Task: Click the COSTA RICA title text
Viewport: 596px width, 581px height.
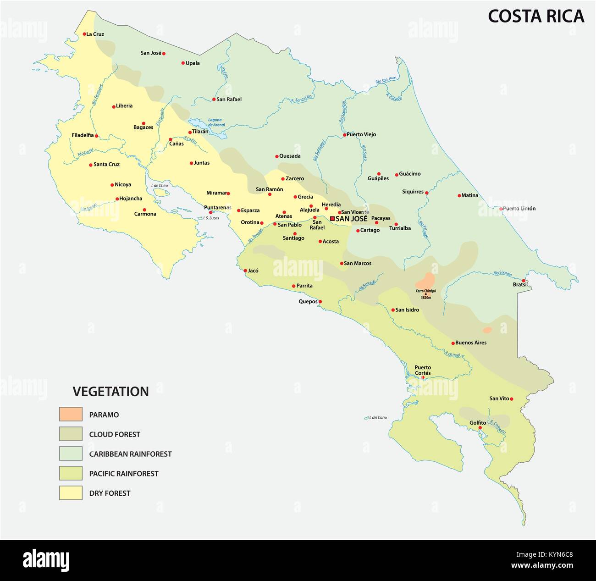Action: pos(535,16)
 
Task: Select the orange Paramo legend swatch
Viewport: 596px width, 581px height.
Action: pos(71,414)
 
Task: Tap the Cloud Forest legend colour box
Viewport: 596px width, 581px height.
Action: pos(71,434)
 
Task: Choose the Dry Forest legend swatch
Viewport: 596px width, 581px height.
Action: pos(71,492)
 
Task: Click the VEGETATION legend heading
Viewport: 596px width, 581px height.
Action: pos(110,391)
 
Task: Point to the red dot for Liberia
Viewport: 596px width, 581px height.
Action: pos(114,107)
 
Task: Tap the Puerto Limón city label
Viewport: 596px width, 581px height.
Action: pos(519,209)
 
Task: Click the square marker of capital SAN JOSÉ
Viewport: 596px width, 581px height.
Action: pos(332,219)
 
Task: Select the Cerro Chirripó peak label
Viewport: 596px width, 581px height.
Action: pos(425,291)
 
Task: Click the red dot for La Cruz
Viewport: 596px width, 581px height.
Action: pos(84,34)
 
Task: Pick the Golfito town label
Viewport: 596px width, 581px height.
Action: pos(478,423)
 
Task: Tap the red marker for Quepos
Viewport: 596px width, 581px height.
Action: pos(320,302)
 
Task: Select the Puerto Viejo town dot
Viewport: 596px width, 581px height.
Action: pos(344,135)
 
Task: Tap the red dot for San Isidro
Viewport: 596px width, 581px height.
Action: pos(393,310)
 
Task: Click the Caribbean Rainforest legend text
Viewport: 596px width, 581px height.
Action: pos(130,454)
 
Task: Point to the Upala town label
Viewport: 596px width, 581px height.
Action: pos(193,63)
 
